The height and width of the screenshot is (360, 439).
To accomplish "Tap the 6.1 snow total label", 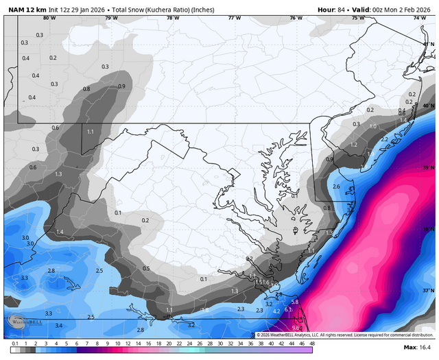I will click(x=288, y=310).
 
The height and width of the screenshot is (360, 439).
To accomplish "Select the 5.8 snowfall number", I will click(x=295, y=302).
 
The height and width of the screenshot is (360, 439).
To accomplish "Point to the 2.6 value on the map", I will click(x=336, y=187).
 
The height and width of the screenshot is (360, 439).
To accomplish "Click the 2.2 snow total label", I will click(x=384, y=139).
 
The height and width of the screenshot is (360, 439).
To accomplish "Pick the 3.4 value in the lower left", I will click(x=59, y=325).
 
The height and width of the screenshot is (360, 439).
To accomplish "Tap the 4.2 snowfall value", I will click(x=276, y=311).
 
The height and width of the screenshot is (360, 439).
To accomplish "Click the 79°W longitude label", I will click(x=111, y=18).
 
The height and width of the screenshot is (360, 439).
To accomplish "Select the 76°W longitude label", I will click(x=295, y=18).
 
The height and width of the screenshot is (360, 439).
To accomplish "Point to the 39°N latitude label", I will click(x=428, y=167).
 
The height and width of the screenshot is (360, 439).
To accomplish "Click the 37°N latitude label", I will click(x=428, y=290).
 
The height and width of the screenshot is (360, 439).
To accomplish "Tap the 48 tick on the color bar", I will click(x=312, y=343).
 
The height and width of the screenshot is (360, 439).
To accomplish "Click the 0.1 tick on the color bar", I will click(x=15, y=343).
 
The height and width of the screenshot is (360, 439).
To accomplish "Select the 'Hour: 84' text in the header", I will click(x=332, y=9).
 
